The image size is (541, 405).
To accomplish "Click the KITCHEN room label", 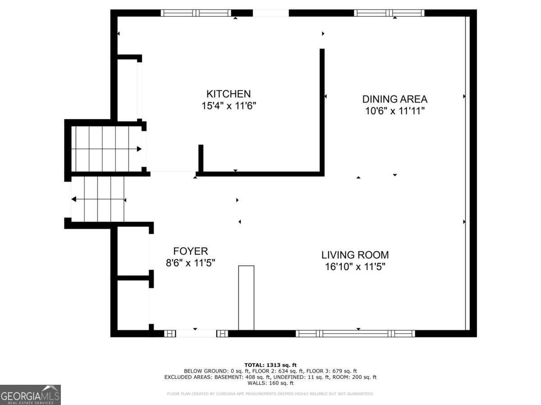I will tap(228, 94).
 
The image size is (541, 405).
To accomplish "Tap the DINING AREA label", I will tap(394, 99).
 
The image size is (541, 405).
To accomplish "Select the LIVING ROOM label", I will tap(355, 255).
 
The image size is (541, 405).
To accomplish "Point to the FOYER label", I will tap(190, 251).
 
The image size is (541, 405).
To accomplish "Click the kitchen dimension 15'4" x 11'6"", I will tap(228, 106).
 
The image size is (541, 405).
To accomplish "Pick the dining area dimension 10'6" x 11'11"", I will tap(395, 111).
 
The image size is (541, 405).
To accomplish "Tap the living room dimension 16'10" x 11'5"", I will tap(355, 266).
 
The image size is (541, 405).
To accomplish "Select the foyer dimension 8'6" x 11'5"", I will tap(190, 263).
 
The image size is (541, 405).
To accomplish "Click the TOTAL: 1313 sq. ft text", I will tap(270, 365).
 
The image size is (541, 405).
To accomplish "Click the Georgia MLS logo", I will tap(30, 395).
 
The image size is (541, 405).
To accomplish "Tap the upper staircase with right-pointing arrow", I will tap(106, 148).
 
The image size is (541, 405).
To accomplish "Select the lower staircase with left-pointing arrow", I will tap(98, 199).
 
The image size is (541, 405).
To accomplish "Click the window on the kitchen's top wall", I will tap(196, 13).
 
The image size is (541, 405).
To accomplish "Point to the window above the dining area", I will tap(389, 13).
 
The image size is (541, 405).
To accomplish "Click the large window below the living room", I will tap(355, 333).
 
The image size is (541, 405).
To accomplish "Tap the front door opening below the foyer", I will tap(196, 333).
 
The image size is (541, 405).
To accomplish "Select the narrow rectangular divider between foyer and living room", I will tap(246, 298).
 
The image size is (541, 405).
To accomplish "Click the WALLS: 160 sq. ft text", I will tap(270, 383).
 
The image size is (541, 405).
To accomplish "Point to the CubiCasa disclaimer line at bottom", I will tap(270, 394).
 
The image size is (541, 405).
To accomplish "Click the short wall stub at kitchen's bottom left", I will tap(201, 158).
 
